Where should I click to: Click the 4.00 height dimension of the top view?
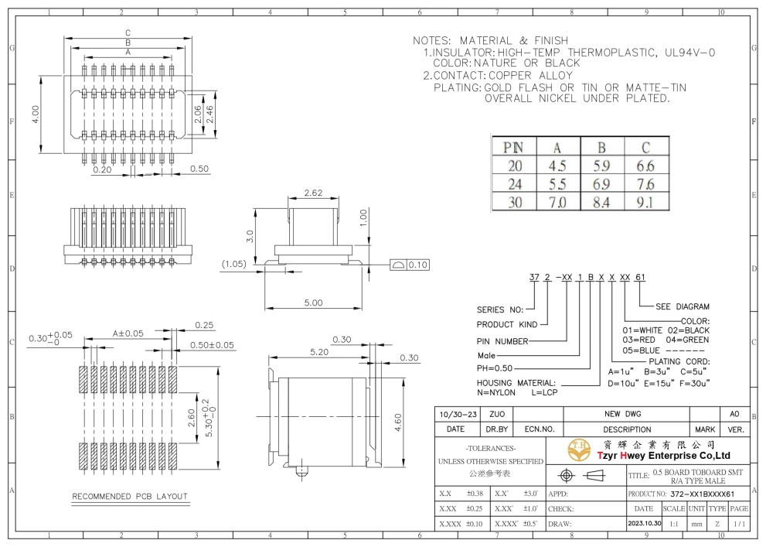coord(36,115)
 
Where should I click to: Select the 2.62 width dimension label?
coord(314,193)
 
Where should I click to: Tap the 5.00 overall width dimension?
coord(314,303)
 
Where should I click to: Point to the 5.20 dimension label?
coord(319,352)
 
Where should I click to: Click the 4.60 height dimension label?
coord(398,422)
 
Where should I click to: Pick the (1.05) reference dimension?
coord(233,264)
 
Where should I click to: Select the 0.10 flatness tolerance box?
coord(410,265)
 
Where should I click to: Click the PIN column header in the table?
coord(513,148)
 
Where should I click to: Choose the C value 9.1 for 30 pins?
coord(645,202)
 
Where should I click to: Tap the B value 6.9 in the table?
coord(601,184)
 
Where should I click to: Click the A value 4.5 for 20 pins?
coord(557,166)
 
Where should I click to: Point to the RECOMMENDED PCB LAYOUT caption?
coord(130,496)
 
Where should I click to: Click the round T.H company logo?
coord(579,450)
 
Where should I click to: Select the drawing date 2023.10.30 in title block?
coord(645,523)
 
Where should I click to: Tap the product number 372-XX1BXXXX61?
coord(703,494)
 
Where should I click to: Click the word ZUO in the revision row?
coord(497,414)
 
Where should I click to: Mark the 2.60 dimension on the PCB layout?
coord(192,419)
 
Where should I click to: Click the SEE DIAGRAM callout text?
coord(683,306)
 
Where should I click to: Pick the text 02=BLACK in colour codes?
coord(689,330)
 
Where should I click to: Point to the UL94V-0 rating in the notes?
coord(690,53)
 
